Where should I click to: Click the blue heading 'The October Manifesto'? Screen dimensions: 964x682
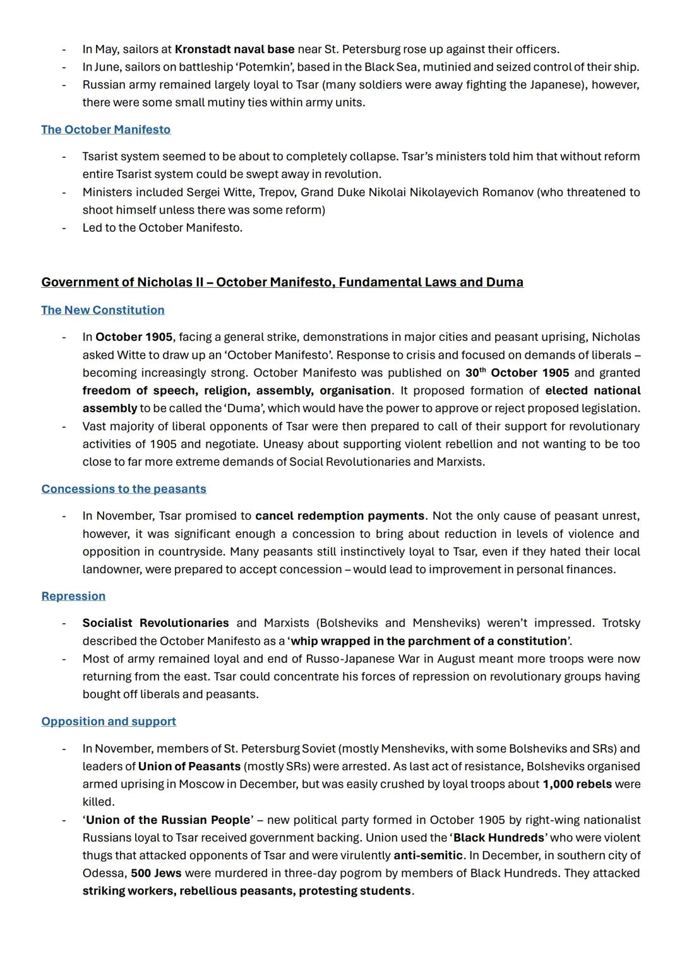tap(105, 129)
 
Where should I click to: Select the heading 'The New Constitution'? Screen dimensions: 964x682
tap(102, 310)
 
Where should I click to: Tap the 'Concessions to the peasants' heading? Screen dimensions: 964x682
tap(124, 489)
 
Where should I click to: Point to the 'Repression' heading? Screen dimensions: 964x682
tap(73, 596)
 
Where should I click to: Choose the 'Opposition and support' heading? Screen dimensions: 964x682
tap(109, 721)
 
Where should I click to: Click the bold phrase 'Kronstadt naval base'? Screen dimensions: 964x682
tap(234, 49)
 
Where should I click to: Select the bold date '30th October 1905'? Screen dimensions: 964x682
tap(517, 372)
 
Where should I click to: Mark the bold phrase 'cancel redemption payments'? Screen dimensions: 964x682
tap(340, 516)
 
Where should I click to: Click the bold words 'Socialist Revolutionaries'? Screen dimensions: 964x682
tap(155, 623)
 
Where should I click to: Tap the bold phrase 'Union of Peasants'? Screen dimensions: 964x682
tap(189, 766)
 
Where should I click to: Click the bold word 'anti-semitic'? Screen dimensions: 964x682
tap(428, 855)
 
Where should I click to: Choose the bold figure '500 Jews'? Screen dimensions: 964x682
tap(156, 873)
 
